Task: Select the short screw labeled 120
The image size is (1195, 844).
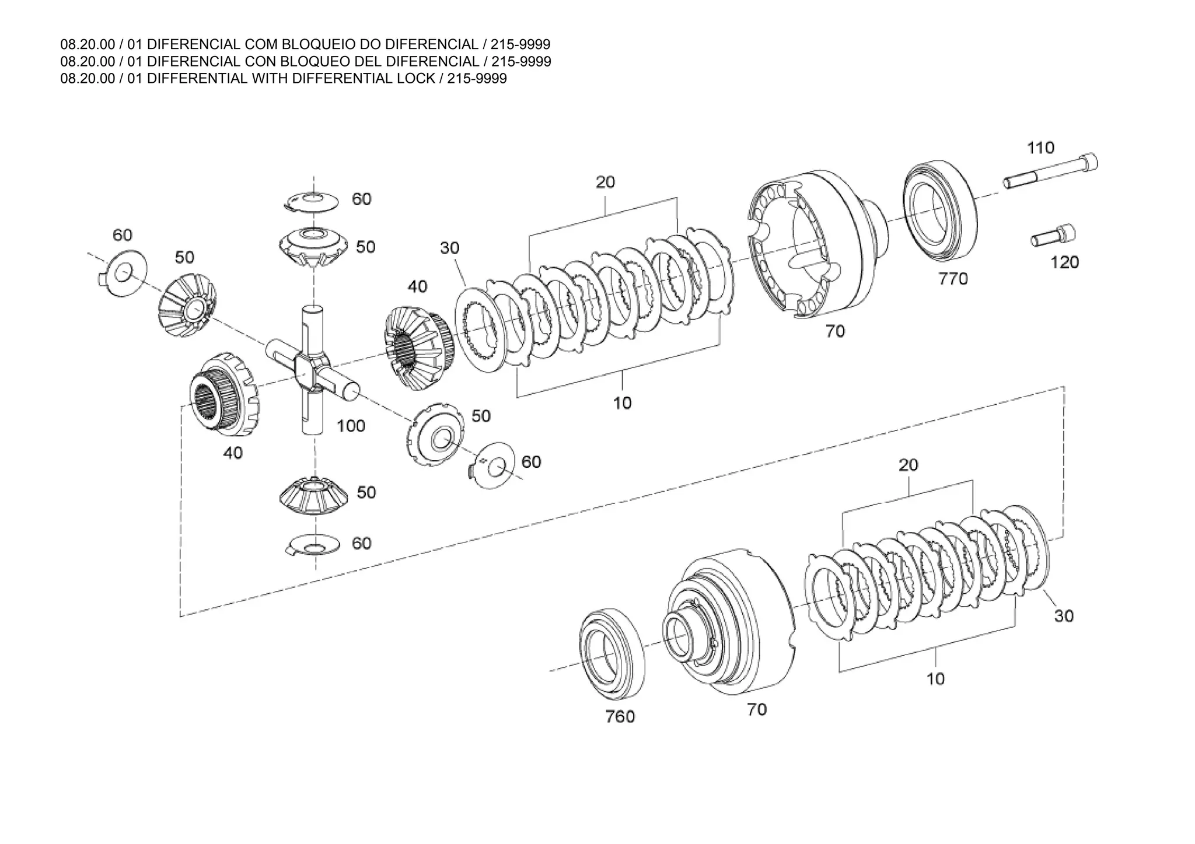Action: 1054,236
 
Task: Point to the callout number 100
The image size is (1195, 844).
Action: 351,426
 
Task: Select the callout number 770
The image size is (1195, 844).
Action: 953,279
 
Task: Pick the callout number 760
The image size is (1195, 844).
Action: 620,716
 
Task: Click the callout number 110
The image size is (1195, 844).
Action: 1040,148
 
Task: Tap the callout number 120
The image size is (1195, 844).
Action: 1064,262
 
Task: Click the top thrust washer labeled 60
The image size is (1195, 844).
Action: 312,201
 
